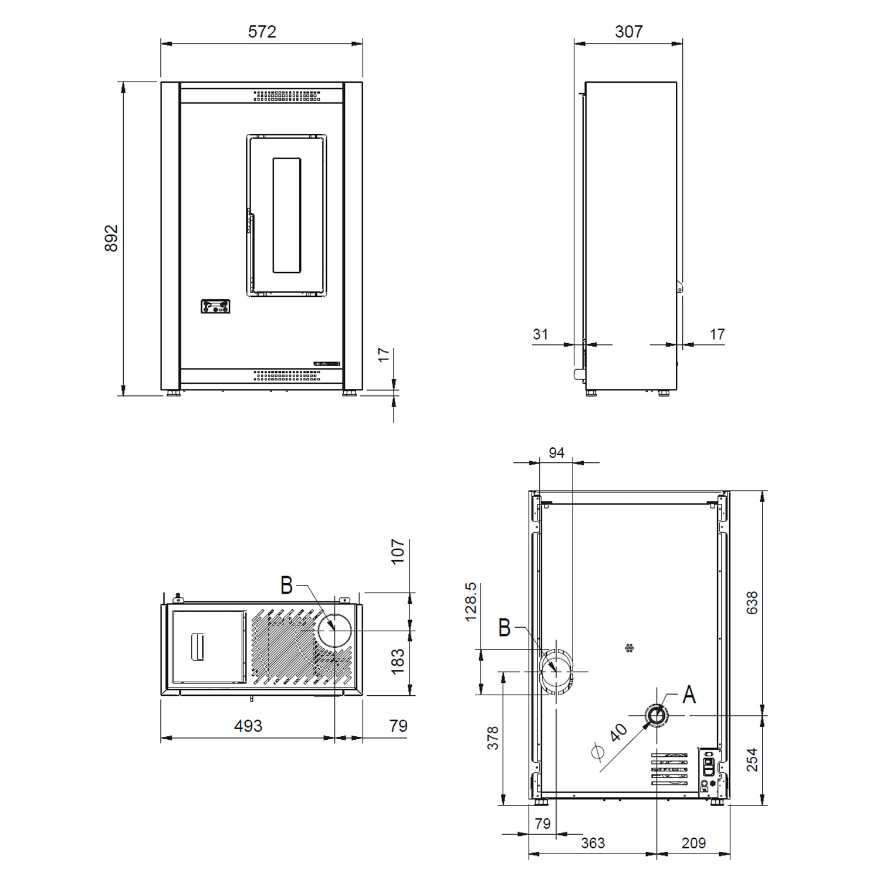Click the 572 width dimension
coord(262,32)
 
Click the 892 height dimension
coord(111,238)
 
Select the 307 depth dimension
coord(628,32)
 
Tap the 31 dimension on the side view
coord(540,334)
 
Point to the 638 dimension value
coord(752,603)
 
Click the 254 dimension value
coord(752,760)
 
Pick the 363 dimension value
coord(593,843)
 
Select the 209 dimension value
coord(693,843)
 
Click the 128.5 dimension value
coord(471,602)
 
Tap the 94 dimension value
coord(556,453)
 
